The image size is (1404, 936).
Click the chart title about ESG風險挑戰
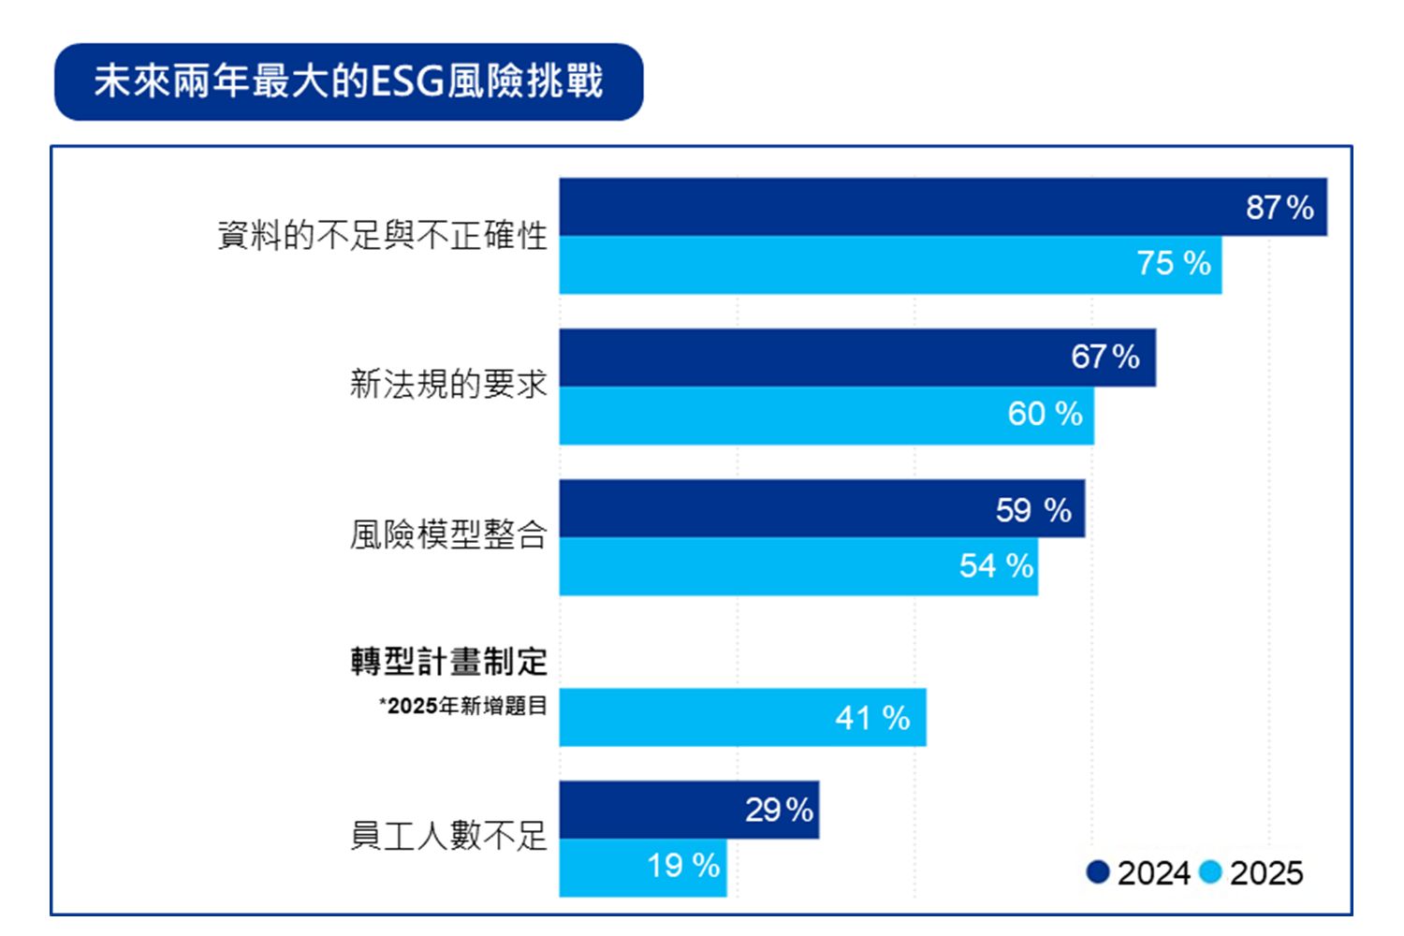(348, 81)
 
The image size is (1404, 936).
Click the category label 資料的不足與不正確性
(382, 235)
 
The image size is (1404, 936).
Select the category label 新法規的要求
(448, 384)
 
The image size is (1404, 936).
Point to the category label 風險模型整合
(448, 534)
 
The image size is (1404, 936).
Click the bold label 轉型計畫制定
(448, 662)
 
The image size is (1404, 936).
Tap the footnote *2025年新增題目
(462, 706)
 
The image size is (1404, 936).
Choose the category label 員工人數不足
(448, 835)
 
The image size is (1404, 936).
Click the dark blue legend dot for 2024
(1098, 872)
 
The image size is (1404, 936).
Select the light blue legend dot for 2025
(1210, 872)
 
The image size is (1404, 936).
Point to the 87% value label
(1280, 207)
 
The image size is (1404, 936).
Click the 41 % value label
(872, 718)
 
